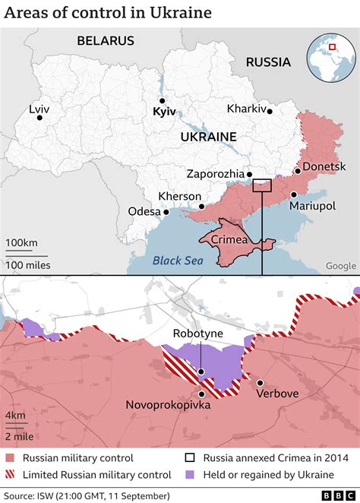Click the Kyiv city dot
pyautogui.click(x=161, y=100)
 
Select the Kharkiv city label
pyautogui.click(x=247, y=109)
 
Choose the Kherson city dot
pyautogui.click(x=201, y=206)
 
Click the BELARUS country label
pyautogui.click(x=105, y=41)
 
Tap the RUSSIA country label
pyautogui.click(x=268, y=62)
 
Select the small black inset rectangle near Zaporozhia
pyautogui.click(x=262, y=186)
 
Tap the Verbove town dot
pyautogui.click(x=260, y=382)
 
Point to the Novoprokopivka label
pyautogui.click(x=168, y=405)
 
